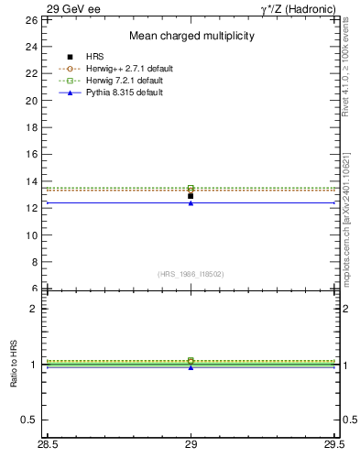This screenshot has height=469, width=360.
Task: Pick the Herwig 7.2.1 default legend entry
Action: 123,81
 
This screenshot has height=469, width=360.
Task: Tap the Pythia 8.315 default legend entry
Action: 122,93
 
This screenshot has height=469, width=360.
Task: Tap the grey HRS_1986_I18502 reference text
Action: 191,274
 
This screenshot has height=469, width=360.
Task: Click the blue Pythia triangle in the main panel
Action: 191,202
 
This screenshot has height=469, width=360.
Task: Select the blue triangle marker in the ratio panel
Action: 191,367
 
